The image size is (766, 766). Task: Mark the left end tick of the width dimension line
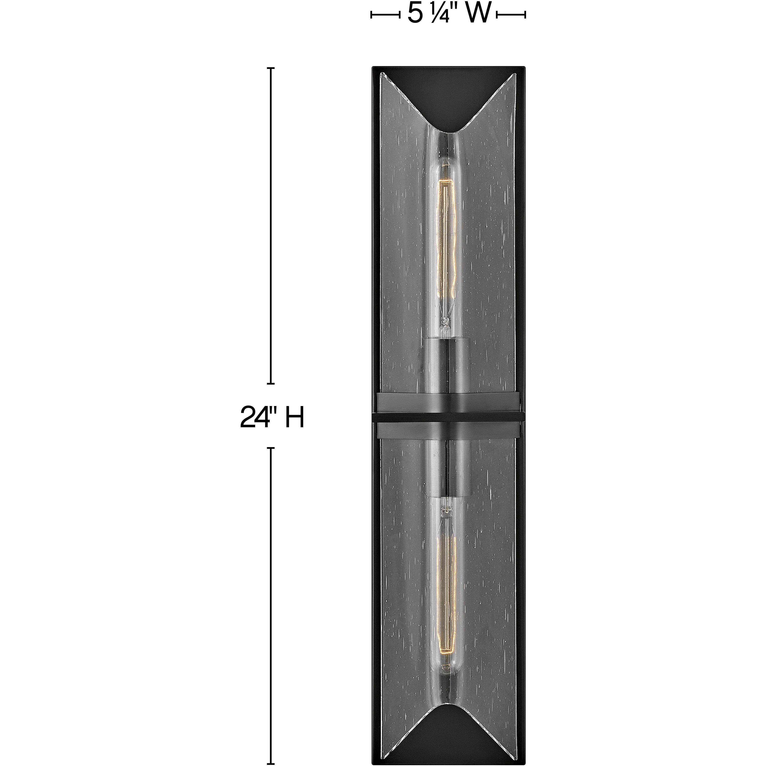tap(372, 15)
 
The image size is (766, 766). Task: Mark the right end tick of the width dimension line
tap(525, 15)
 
